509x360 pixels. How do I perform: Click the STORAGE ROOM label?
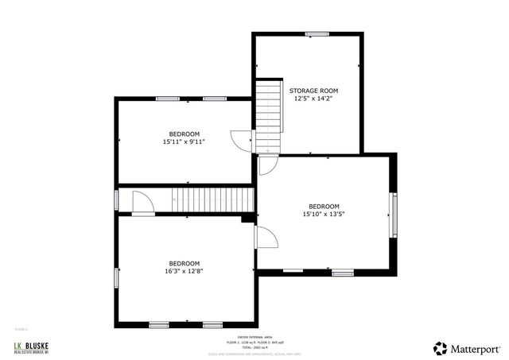click(x=313, y=91)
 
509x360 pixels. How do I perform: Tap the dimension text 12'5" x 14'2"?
click(x=313, y=99)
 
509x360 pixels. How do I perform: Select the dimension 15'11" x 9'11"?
click(x=184, y=142)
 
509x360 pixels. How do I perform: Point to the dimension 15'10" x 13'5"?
click(x=324, y=214)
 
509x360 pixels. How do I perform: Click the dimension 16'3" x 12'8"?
click(x=184, y=271)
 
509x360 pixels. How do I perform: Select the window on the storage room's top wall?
click(x=318, y=33)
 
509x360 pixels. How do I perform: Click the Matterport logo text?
click(x=475, y=348)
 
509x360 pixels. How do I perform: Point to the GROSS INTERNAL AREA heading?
click(x=254, y=337)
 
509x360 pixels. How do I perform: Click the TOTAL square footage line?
click(x=254, y=347)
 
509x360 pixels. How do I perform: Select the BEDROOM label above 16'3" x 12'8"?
click(x=184, y=263)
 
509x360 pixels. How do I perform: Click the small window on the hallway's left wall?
click(x=116, y=199)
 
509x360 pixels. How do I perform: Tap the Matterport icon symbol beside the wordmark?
click(x=440, y=348)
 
